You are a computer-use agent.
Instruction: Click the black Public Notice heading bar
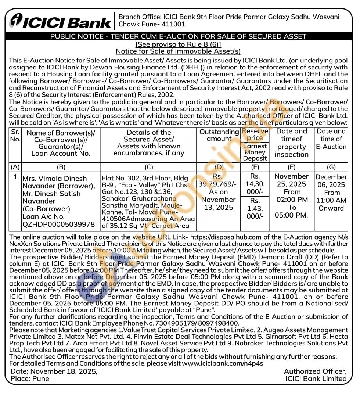(x=178, y=36)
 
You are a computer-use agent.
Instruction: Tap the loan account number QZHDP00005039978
(x=58, y=224)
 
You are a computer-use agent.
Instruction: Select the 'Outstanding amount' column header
(x=219, y=135)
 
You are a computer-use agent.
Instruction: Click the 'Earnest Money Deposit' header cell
(x=255, y=152)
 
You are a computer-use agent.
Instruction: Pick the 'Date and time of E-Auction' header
(x=331, y=139)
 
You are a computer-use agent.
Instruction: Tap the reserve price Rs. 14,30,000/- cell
(x=255, y=184)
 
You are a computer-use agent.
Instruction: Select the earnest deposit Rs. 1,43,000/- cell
(x=255, y=208)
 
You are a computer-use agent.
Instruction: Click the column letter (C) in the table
(x=149, y=167)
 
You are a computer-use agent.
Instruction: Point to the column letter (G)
(x=331, y=167)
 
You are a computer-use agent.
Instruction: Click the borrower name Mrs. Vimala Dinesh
(x=55, y=179)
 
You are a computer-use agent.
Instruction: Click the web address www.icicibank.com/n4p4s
(x=223, y=363)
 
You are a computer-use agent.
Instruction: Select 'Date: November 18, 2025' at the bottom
(x=54, y=371)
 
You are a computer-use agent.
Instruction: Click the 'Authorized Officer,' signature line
(x=315, y=371)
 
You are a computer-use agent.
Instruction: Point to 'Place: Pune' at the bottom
(x=30, y=378)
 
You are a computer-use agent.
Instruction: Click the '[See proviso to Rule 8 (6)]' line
(x=178, y=44)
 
